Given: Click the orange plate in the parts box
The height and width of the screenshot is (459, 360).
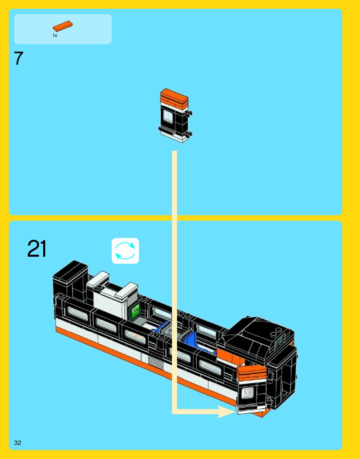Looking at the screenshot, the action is [63, 26].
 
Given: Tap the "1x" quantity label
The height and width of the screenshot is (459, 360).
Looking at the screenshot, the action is [55, 36].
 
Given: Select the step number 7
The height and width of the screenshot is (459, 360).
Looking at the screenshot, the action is [18, 58].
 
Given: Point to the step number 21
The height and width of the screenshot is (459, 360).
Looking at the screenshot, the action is [37, 249].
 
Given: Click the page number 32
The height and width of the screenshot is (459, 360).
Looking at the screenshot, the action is [18, 442].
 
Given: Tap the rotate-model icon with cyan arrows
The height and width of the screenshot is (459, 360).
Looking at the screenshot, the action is [125, 251].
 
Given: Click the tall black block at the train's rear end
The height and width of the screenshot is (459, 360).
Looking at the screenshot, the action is [70, 277].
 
